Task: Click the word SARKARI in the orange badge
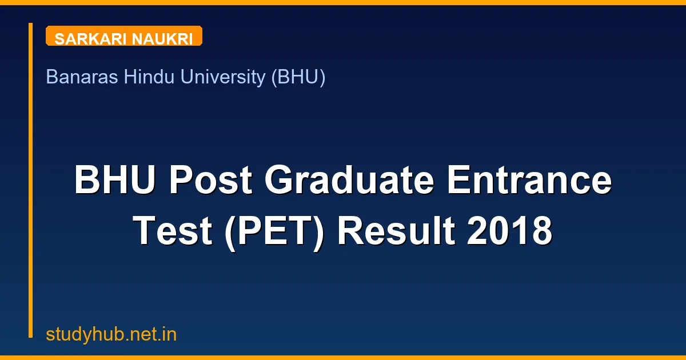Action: tap(91, 39)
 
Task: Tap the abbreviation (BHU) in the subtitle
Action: tap(298, 77)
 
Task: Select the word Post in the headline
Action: tap(210, 181)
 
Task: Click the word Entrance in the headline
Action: tap(529, 181)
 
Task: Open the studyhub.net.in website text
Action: tap(111, 334)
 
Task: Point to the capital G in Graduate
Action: tap(280, 181)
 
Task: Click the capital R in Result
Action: tap(349, 231)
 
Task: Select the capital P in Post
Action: tap(181, 181)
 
